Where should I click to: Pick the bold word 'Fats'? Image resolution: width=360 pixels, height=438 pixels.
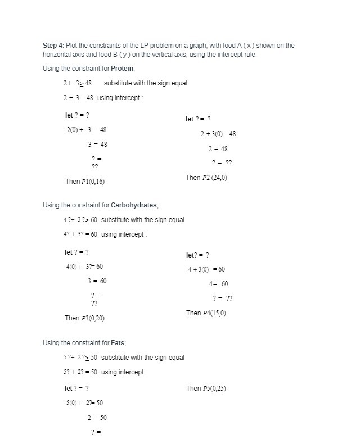[x=118, y=343]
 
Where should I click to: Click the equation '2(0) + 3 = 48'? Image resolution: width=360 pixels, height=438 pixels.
[x=87, y=130]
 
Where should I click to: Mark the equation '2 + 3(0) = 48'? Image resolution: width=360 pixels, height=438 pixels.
[x=218, y=134]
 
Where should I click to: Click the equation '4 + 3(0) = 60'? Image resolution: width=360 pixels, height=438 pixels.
[x=206, y=269]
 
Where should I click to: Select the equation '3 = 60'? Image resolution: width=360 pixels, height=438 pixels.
[x=97, y=281]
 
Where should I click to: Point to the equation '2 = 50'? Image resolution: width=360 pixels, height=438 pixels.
[x=97, y=418]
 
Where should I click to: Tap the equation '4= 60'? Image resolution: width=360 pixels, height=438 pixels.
[x=218, y=284]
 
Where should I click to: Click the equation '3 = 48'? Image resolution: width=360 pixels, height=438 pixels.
[x=97, y=145]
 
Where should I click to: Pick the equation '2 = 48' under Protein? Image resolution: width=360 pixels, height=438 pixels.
[x=218, y=149]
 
